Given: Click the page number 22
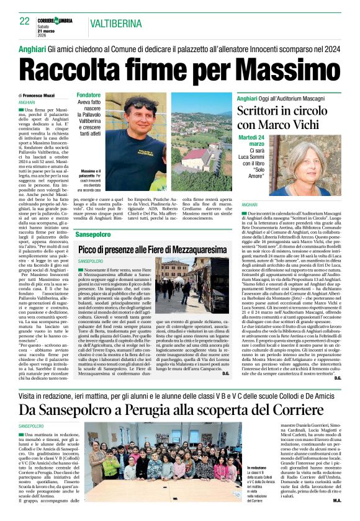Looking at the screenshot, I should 24,22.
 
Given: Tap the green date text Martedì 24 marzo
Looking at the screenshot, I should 251,140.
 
